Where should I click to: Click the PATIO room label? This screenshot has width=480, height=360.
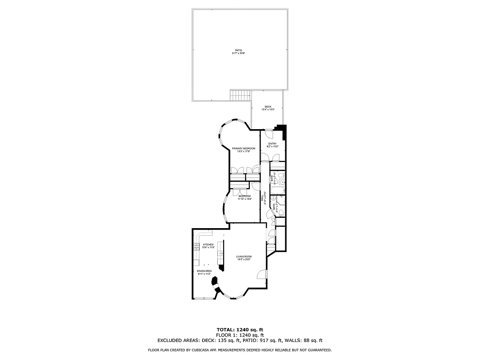pos(238,50)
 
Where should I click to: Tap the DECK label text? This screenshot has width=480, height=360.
pos(268,107)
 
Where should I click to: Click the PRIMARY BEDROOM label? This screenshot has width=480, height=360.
pos(243,148)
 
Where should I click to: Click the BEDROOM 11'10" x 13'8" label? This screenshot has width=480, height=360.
pos(244,196)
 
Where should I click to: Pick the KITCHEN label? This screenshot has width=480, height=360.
pos(202,244)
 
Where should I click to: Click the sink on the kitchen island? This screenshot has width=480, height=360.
pos(221,254)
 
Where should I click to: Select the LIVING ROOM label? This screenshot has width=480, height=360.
pos(244,256)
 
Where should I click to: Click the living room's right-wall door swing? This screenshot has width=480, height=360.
pos(261,274)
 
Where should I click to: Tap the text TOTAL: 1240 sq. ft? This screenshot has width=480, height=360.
pos(240,329)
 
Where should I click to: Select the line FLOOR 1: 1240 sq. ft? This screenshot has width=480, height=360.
pos(240,335)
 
